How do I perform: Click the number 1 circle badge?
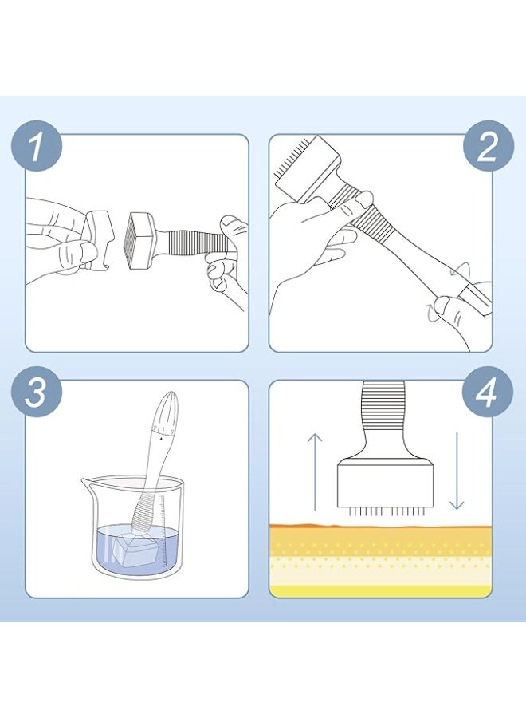click(36, 146)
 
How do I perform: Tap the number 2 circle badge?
click(488, 146)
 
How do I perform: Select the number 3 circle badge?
click(36, 392)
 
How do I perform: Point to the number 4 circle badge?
click(487, 392)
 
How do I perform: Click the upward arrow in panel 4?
click(315, 471)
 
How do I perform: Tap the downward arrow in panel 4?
click(457, 471)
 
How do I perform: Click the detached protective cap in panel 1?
click(98, 239)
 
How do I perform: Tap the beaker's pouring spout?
click(88, 483)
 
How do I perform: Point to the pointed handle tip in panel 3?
click(169, 396)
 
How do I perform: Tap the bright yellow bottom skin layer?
click(380, 591)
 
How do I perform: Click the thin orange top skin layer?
click(380, 527)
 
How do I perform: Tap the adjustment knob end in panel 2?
click(476, 298)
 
